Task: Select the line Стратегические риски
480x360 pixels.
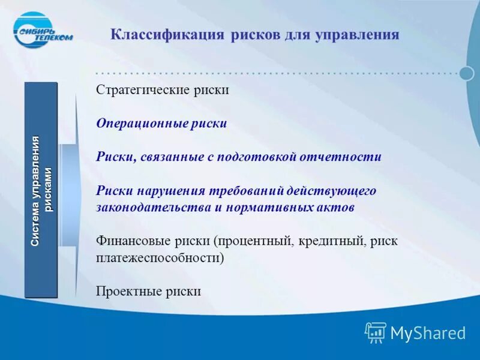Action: point(163,90)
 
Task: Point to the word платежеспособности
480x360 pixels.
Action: point(160,258)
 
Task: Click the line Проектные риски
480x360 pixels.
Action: point(148,292)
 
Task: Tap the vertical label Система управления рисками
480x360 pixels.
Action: point(41,190)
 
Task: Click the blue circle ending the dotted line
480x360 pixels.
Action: point(467,73)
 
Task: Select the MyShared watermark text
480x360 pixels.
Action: point(428,333)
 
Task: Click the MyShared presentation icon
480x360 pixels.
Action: point(376,332)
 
